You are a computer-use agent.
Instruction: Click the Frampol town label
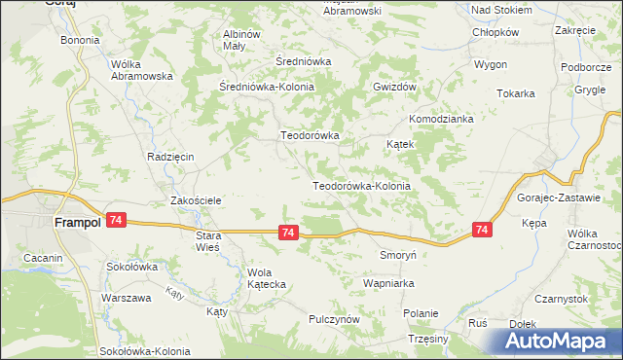point(75,222)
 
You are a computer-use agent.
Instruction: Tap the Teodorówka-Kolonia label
point(360,185)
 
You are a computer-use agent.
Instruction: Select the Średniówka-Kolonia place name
point(267,86)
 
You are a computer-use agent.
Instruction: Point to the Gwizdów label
point(394,86)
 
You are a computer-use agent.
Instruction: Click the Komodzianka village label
point(440,119)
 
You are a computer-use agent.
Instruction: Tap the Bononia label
point(80,41)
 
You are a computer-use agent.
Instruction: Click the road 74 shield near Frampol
point(116,221)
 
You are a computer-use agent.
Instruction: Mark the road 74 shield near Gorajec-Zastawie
point(482,230)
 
